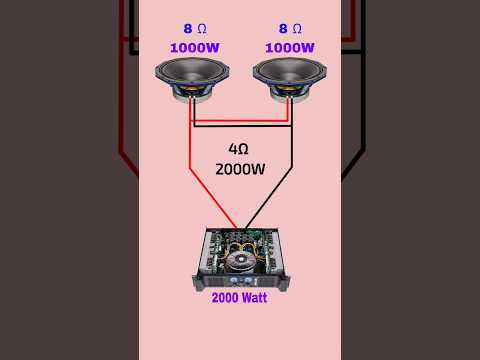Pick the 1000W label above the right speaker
(x=289, y=47)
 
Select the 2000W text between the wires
(x=240, y=169)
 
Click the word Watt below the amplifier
(x=254, y=297)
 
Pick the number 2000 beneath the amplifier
(x=225, y=297)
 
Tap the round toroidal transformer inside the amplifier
(x=243, y=262)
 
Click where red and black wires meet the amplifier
(x=240, y=229)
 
